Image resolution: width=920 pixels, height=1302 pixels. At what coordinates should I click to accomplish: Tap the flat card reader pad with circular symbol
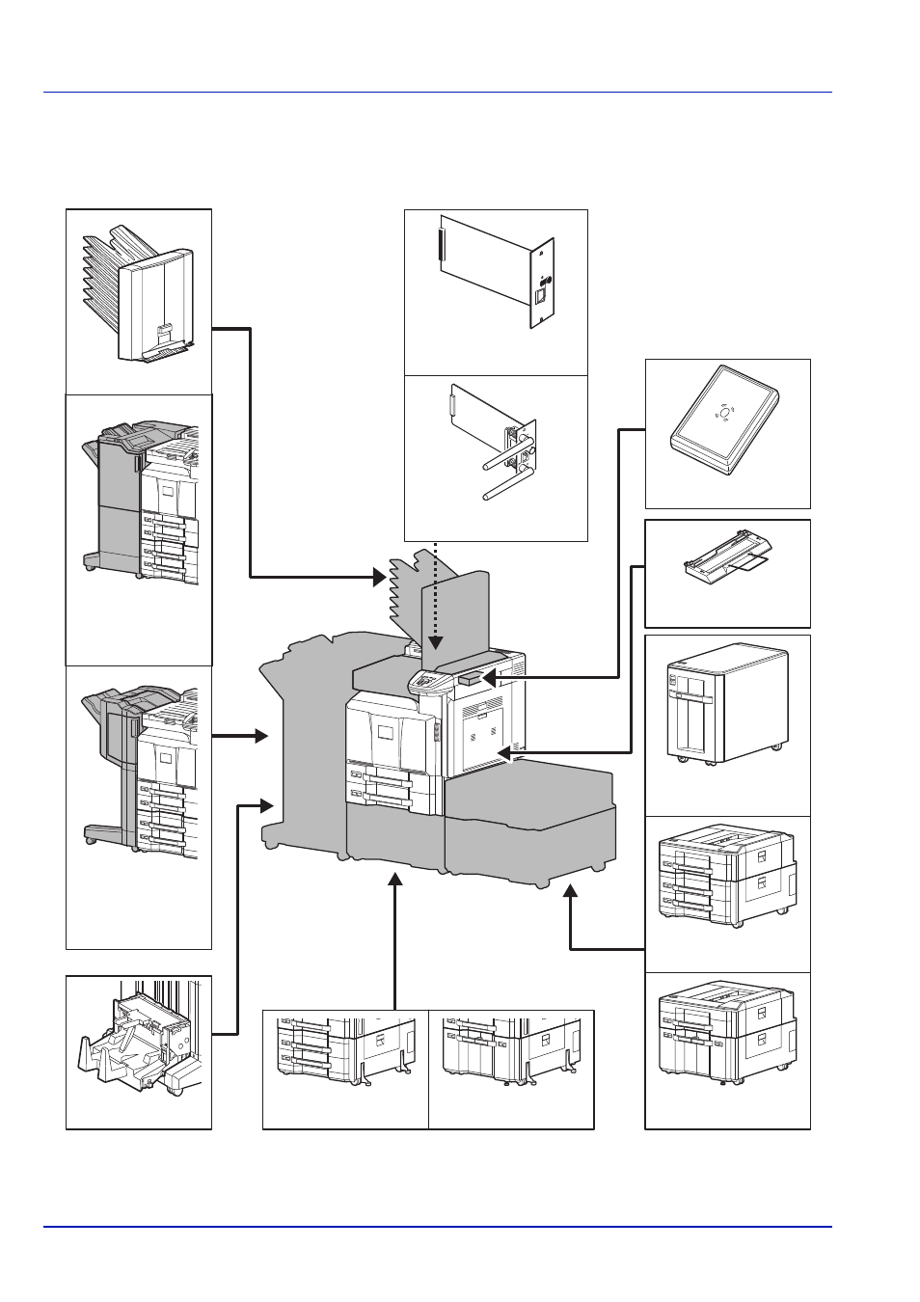pyautogui.click(x=725, y=420)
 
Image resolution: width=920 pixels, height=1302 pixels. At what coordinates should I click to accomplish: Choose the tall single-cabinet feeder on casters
pyautogui.click(x=727, y=703)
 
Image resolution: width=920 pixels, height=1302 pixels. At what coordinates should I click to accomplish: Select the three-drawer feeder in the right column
pyautogui.click(x=727, y=873)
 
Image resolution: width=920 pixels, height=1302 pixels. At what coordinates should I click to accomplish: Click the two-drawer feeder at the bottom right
pyautogui.click(x=727, y=1038)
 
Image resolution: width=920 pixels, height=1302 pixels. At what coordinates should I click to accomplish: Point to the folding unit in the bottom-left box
pyautogui.click(x=140, y=1046)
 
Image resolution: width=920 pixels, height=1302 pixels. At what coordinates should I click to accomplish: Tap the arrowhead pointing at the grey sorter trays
pyautogui.click(x=379, y=578)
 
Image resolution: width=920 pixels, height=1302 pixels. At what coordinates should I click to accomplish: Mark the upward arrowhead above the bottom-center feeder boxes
pyautogui.click(x=395, y=880)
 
